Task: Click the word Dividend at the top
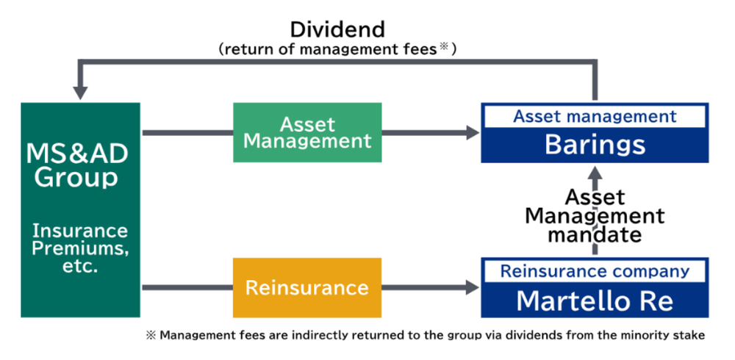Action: tap(337, 29)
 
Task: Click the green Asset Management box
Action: tap(307, 132)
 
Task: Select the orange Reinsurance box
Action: tap(307, 287)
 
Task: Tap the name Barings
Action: tap(595, 145)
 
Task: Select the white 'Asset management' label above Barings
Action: tap(595, 116)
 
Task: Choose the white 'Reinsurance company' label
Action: tap(595, 271)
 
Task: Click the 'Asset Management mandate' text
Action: tap(595, 216)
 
